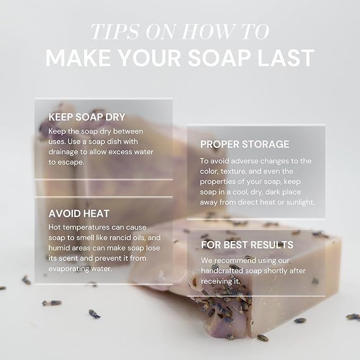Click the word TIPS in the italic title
click(x=115, y=31)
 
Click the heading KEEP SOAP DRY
click(x=87, y=117)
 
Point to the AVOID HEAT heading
click(x=79, y=214)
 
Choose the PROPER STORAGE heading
click(x=244, y=144)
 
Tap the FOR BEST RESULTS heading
click(x=247, y=245)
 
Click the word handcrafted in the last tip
click(x=222, y=271)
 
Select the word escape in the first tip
click(x=71, y=163)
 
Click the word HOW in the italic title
click(x=209, y=31)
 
